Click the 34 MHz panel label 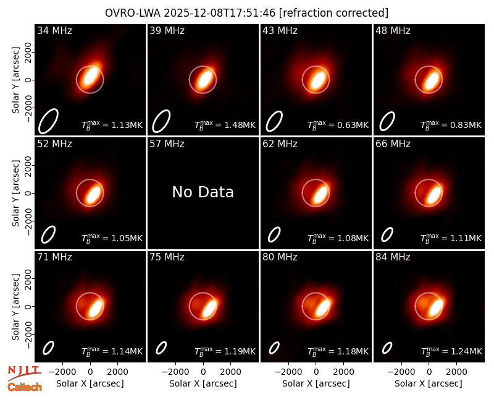click(x=54, y=30)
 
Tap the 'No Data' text click(x=203, y=192)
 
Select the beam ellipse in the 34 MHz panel click(x=49, y=121)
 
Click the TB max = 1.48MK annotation click(x=225, y=125)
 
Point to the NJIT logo click(x=25, y=373)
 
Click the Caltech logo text click(x=25, y=387)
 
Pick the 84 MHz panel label click(x=393, y=257)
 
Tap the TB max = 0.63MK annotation click(x=338, y=125)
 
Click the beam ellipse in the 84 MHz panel click(x=387, y=348)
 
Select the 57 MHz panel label click(x=167, y=144)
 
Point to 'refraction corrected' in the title click(x=334, y=13)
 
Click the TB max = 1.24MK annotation click(x=451, y=351)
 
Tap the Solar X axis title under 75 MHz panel click(x=203, y=383)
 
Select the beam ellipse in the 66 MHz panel click(x=387, y=234)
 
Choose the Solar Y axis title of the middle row click(x=16, y=193)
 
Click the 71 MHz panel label click(x=54, y=257)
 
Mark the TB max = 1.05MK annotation click(x=112, y=237)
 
